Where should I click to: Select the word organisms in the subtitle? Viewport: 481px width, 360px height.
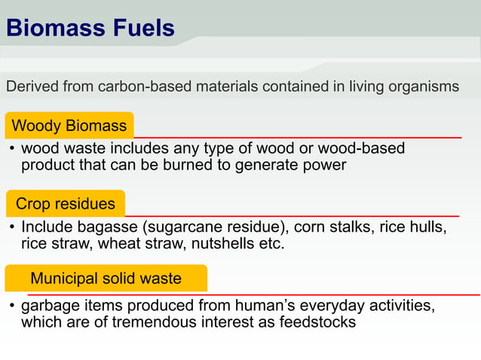coord(423,87)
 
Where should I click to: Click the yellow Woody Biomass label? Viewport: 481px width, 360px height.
coord(69,125)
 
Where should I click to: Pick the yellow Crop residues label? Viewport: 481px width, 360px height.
coord(66,203)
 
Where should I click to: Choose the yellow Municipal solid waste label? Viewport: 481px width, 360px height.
coord(106,279)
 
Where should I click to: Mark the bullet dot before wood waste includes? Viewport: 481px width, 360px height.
coord(12,150)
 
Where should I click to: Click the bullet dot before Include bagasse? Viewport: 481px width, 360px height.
coord(12,227)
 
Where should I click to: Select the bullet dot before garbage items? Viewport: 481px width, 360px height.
coord(12,307)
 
